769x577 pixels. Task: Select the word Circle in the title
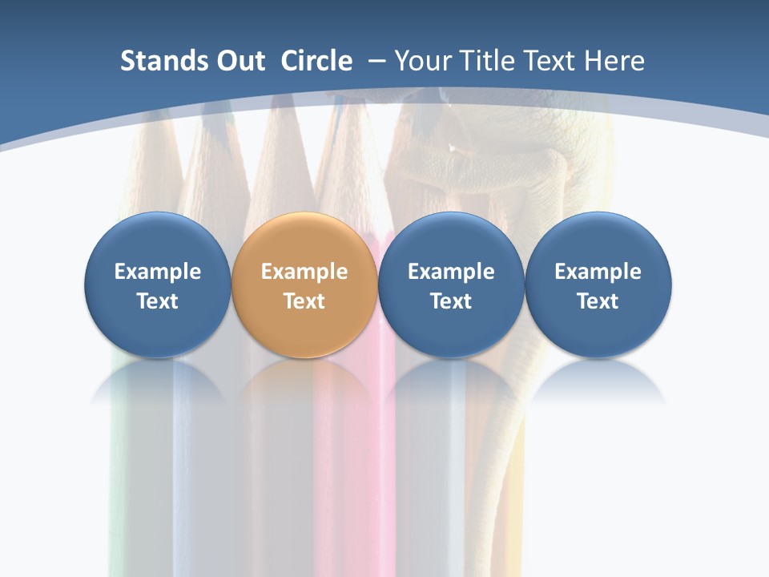pyautogui.click(x=316, y=61)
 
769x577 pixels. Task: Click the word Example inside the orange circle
pyautogui.click(x=304, y=272)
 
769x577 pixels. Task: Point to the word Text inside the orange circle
pyautogui.click(x=304, y=301)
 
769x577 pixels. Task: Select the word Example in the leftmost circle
pyautogui.click(x=158, y=272)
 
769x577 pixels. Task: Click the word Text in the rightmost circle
pyautogui.click(x=598, y=301)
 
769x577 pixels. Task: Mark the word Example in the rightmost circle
pyautogui.click(x=598, y=272)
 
